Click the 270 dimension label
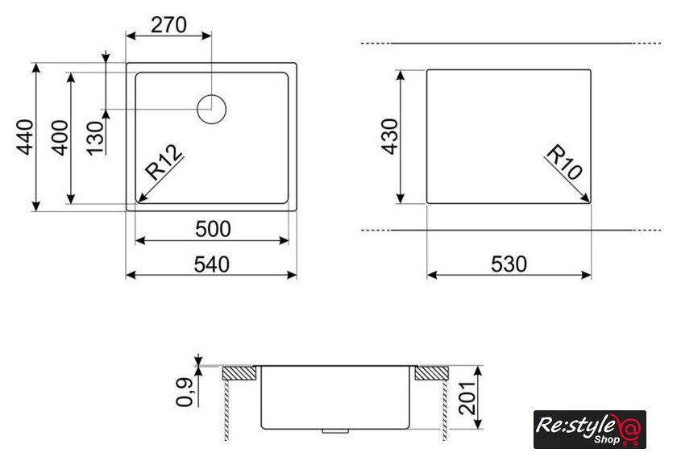tap(168, 25)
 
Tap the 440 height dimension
tap(25, 137)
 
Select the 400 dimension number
tap(60, 137)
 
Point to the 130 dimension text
tap(95, 138)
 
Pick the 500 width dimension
tap(213, 229)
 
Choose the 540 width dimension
tap(211, 264)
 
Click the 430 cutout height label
tap(389, 136)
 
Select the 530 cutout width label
tap(509, 264)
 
